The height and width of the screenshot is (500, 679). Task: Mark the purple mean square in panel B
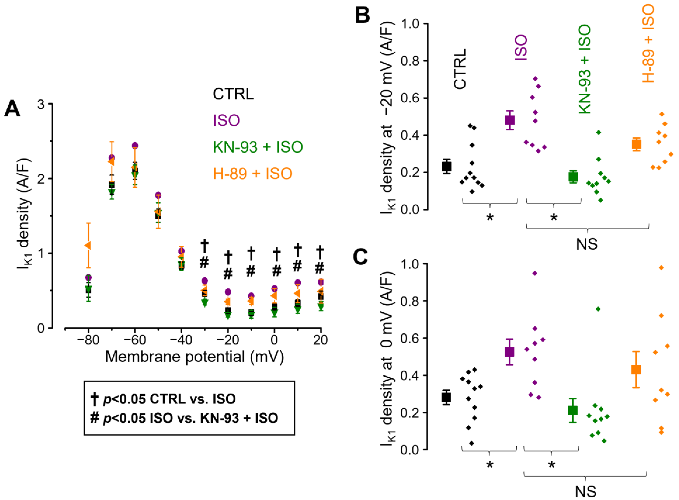(510, 120)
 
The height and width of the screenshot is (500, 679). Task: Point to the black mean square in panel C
(446, 397)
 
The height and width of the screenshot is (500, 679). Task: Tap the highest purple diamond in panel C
(535, 273)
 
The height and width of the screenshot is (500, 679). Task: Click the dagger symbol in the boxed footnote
(95, 399)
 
